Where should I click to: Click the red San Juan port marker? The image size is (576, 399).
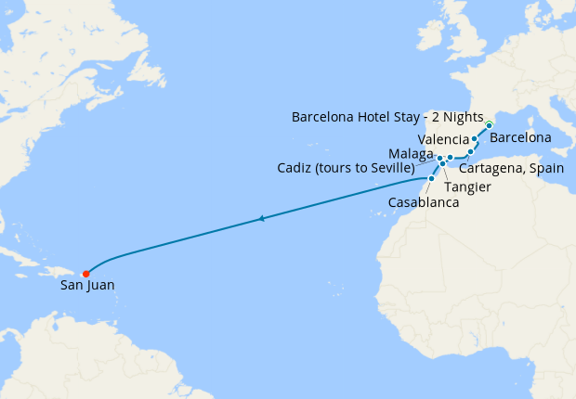click(x=85, y=274)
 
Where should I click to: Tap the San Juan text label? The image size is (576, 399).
click(x=87, y=286)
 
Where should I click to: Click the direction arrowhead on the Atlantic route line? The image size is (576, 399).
click(x=263, y=219)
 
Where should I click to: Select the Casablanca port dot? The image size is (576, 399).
click(x=431, y=178)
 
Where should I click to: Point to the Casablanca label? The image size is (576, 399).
click(x=424, y=201)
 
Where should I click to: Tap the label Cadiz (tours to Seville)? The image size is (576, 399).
click(x=345, y=168)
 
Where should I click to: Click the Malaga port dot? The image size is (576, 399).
click(x=450, y=158)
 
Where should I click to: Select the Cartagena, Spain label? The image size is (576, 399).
click(x=511, y=168)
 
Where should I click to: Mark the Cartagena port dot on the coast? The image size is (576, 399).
click(x=470, y=151)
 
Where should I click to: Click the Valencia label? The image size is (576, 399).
click(x=444, y=139)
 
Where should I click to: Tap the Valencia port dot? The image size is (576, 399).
click(x=475, y=139)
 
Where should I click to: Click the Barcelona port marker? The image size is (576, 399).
click(x=489, y=124)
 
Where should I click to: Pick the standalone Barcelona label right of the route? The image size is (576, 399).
click(x=520, y=137)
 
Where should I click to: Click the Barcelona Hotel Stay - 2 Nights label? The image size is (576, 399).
click(x=387, y=118)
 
